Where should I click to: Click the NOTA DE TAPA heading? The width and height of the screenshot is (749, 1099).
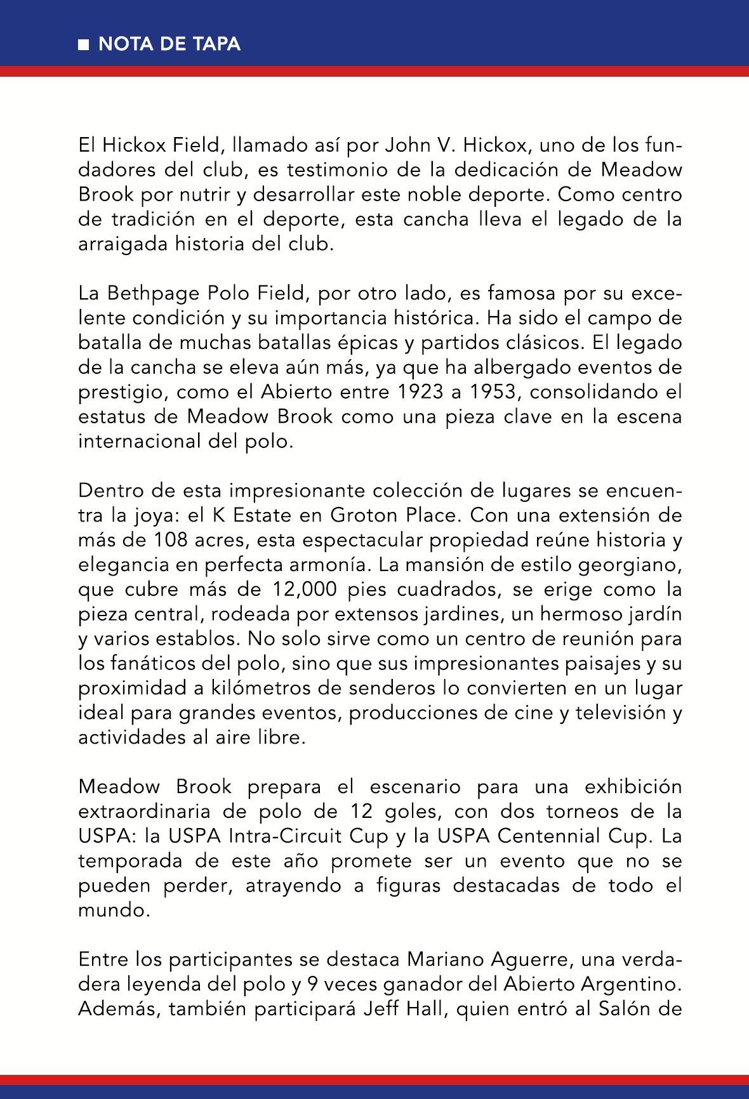click(x=169, y=44)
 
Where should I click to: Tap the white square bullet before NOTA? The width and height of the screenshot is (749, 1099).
click(x=83, y=45)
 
